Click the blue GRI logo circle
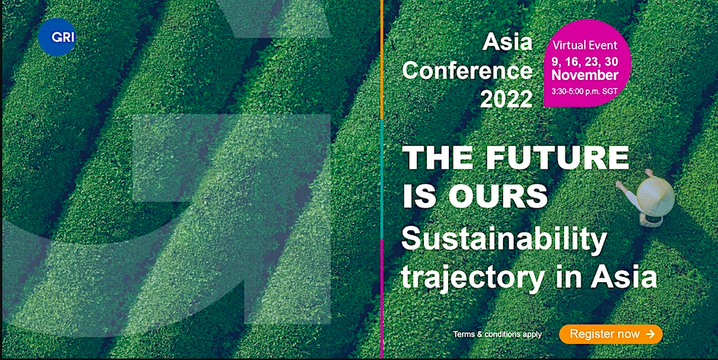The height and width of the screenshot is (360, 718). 56,37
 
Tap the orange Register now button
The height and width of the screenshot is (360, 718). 611,334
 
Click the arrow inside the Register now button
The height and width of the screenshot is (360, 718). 650,334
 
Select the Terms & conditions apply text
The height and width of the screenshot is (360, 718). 497,334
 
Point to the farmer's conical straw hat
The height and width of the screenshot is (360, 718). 655,197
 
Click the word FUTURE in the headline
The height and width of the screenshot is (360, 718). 557,158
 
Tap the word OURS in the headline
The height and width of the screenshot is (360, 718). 498,196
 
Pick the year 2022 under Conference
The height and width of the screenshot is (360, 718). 506,99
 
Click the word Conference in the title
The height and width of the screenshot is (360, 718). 467,71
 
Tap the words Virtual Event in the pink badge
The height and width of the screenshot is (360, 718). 585,45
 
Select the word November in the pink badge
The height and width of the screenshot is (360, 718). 585,75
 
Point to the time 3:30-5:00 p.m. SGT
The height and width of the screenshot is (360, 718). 585,92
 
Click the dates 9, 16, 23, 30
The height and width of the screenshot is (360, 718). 585,61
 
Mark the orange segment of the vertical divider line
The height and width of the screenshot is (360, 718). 382,59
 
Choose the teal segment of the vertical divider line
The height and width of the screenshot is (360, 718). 382,178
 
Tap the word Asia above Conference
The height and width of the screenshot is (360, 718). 508,43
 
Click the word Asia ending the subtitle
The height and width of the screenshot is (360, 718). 623,276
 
